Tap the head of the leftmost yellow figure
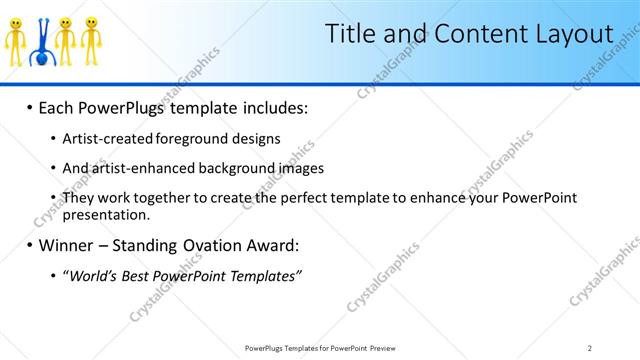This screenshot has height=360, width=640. click(x=16, y=22)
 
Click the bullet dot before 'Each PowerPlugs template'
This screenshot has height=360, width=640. click(x=30, y=106)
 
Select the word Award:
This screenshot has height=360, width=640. click(x=272, y=245)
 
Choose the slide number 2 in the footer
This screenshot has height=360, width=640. click(x=590, y=348)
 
